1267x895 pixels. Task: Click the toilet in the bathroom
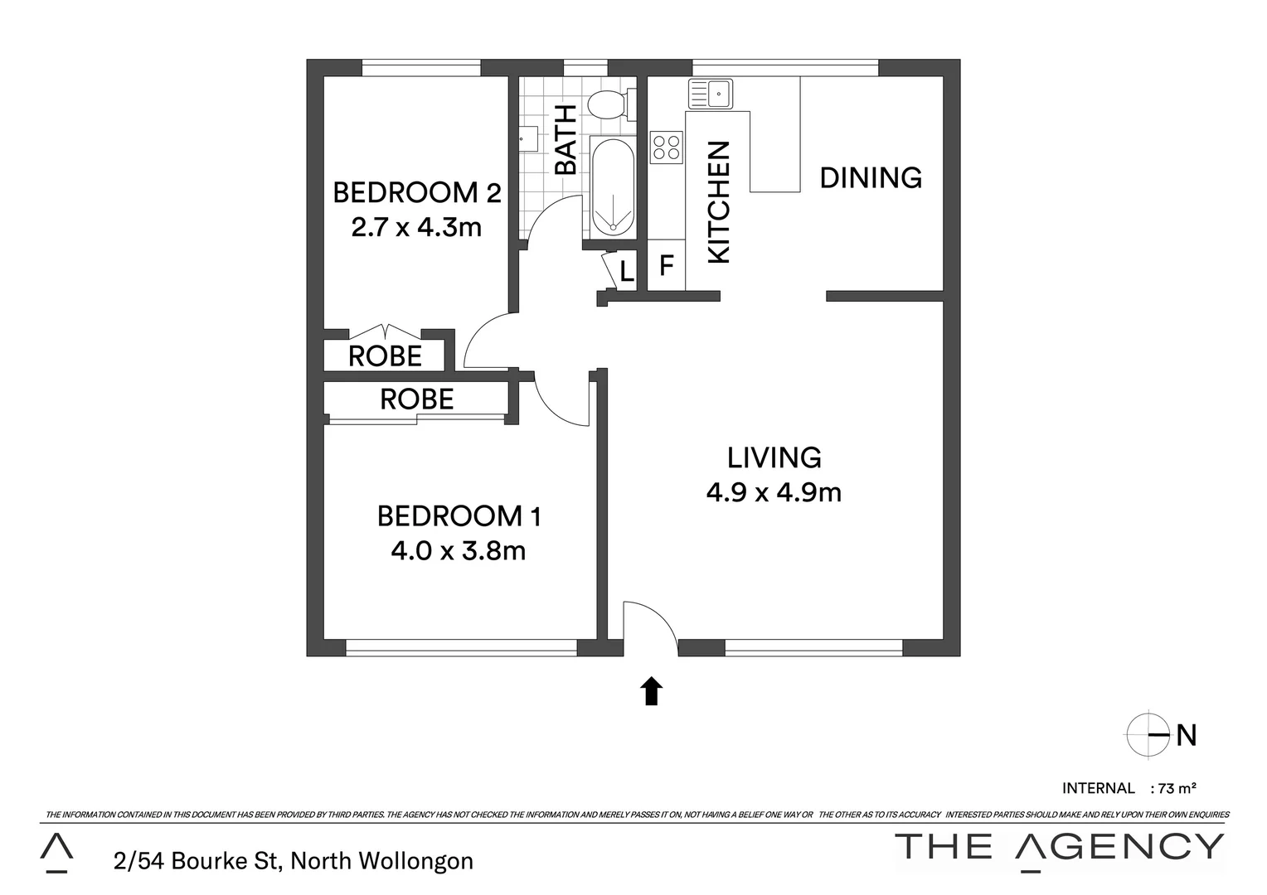click(608, 104)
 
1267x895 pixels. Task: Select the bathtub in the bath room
click(613, 188)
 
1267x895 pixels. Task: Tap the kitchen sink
click(709, 94)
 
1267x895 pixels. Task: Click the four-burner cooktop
click(667, 147)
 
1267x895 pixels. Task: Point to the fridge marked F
click(666, 266)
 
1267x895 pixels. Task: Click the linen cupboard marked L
click(627, 271)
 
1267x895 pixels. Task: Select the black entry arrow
click(652, 690)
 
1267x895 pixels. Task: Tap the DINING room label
click(871, 177)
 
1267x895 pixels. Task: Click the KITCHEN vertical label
click(718, 201)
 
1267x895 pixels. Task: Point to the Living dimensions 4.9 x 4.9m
click(774, 493)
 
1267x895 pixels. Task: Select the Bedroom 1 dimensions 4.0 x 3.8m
click(459, 550)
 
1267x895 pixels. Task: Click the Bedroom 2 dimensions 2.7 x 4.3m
click(416, 227)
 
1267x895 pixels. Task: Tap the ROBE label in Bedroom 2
click(385, 356)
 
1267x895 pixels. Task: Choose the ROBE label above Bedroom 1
click(416, 399)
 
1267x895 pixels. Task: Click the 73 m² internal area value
click(1177, 788)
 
